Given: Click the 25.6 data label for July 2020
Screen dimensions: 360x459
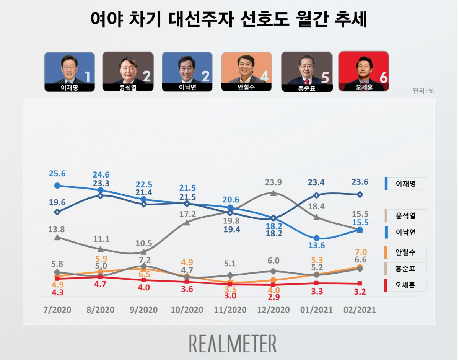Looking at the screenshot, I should tap(57, 174).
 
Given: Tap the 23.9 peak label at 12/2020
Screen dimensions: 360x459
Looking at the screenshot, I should tap(273, 182).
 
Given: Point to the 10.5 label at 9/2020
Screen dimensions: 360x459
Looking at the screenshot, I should tap(143, 243).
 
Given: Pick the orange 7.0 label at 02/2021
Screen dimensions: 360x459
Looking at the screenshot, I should tap(360, 252).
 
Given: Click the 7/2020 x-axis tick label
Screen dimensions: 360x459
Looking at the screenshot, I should tap(57, 310).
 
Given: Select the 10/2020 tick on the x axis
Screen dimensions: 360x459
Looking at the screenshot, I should tap(187, 310).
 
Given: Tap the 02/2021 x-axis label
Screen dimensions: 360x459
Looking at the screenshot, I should tap(360, 310).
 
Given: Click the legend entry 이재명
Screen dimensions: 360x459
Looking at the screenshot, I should tap(406, 184).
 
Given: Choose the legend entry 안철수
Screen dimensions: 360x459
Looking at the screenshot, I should tap(406, 252).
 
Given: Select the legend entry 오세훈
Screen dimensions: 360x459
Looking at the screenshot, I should tap(406, 285).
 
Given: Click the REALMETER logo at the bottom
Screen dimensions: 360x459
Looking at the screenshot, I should tap(233, 343).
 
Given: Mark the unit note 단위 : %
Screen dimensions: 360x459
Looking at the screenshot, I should tap(423, 91).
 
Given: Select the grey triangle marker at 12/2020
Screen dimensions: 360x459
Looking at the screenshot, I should tap(273, 193).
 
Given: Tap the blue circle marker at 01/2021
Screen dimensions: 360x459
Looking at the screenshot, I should tap(316, 238).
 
